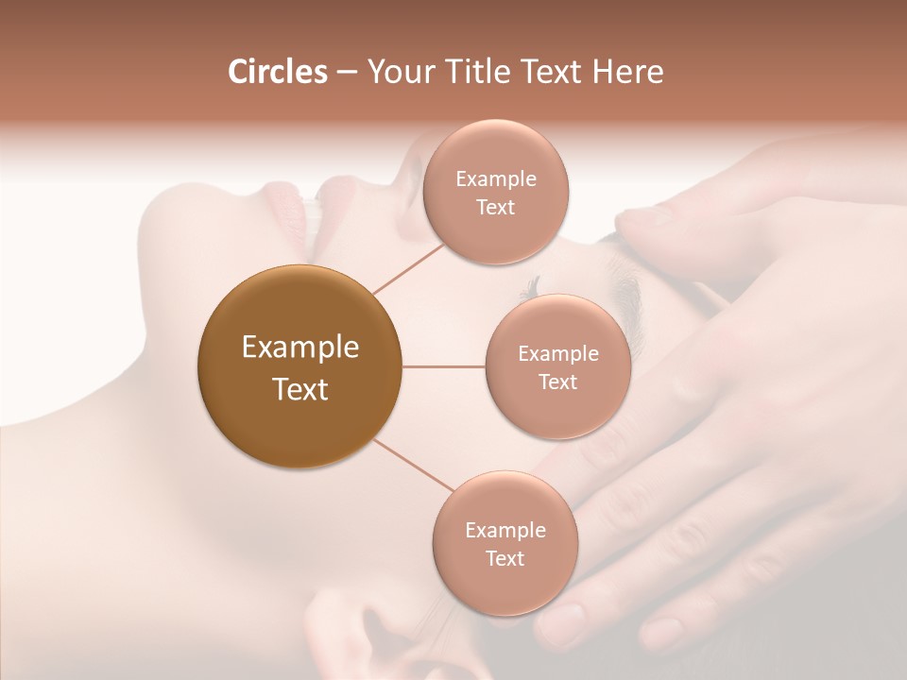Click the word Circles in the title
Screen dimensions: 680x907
click(277, 72)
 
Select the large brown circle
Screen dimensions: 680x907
click(300, 366)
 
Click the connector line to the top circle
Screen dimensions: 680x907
click(408, 267)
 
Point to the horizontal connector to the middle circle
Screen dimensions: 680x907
click(444, 366)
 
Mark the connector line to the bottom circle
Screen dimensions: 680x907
click(411, 467)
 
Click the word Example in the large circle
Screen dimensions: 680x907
click(300, 348)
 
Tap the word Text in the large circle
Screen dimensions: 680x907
click(300, 389)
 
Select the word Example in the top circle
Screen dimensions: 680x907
click(495, 179)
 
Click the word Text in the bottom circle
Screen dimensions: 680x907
click(505, 558)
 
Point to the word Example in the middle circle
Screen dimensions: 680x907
click(557, 354)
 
